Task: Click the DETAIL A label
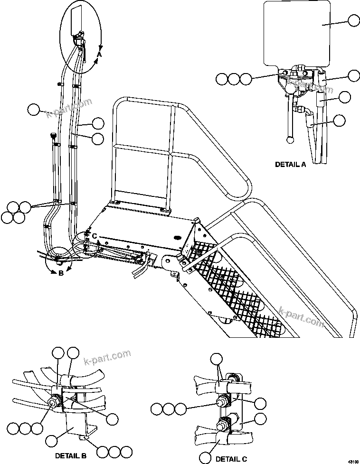[x=291, y=165]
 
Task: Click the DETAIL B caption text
[x=74, y=456]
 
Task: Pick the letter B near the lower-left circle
[x=60, y=273]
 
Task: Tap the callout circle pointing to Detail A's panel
[x=354, y=20]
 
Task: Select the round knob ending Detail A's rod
[x=290, y=139]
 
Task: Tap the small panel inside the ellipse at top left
[x=76, y=20]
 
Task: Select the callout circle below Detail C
[x=205, y=458]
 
